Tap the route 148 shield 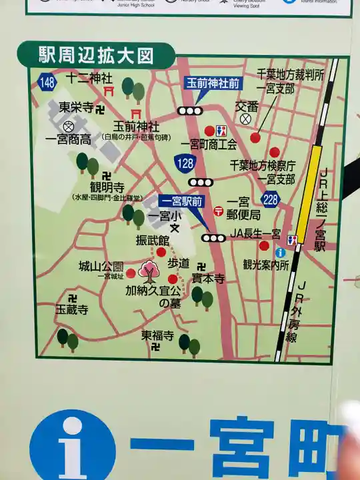click(47, 83)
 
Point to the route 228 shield click(271, 200)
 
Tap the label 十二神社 click(89, 78)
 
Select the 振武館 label click(153, 239)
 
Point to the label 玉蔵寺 click(71, 310)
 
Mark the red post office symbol click(218, 211)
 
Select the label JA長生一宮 click(255, 233)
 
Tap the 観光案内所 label click(265, 265)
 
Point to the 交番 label click(246, 105)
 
